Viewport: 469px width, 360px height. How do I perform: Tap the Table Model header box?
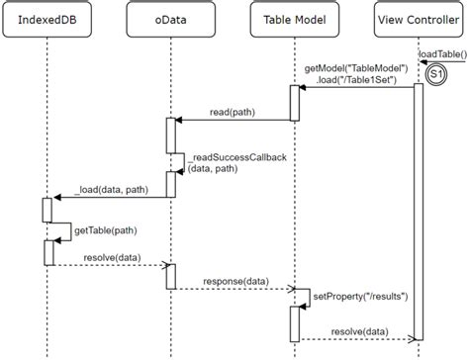(294, 20)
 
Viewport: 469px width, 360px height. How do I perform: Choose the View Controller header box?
(418, 20)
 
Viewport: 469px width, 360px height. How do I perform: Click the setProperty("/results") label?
(360, 295)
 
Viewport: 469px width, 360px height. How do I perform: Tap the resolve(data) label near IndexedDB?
(109, 256)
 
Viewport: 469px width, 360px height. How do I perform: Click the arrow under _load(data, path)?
(109, 198)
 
